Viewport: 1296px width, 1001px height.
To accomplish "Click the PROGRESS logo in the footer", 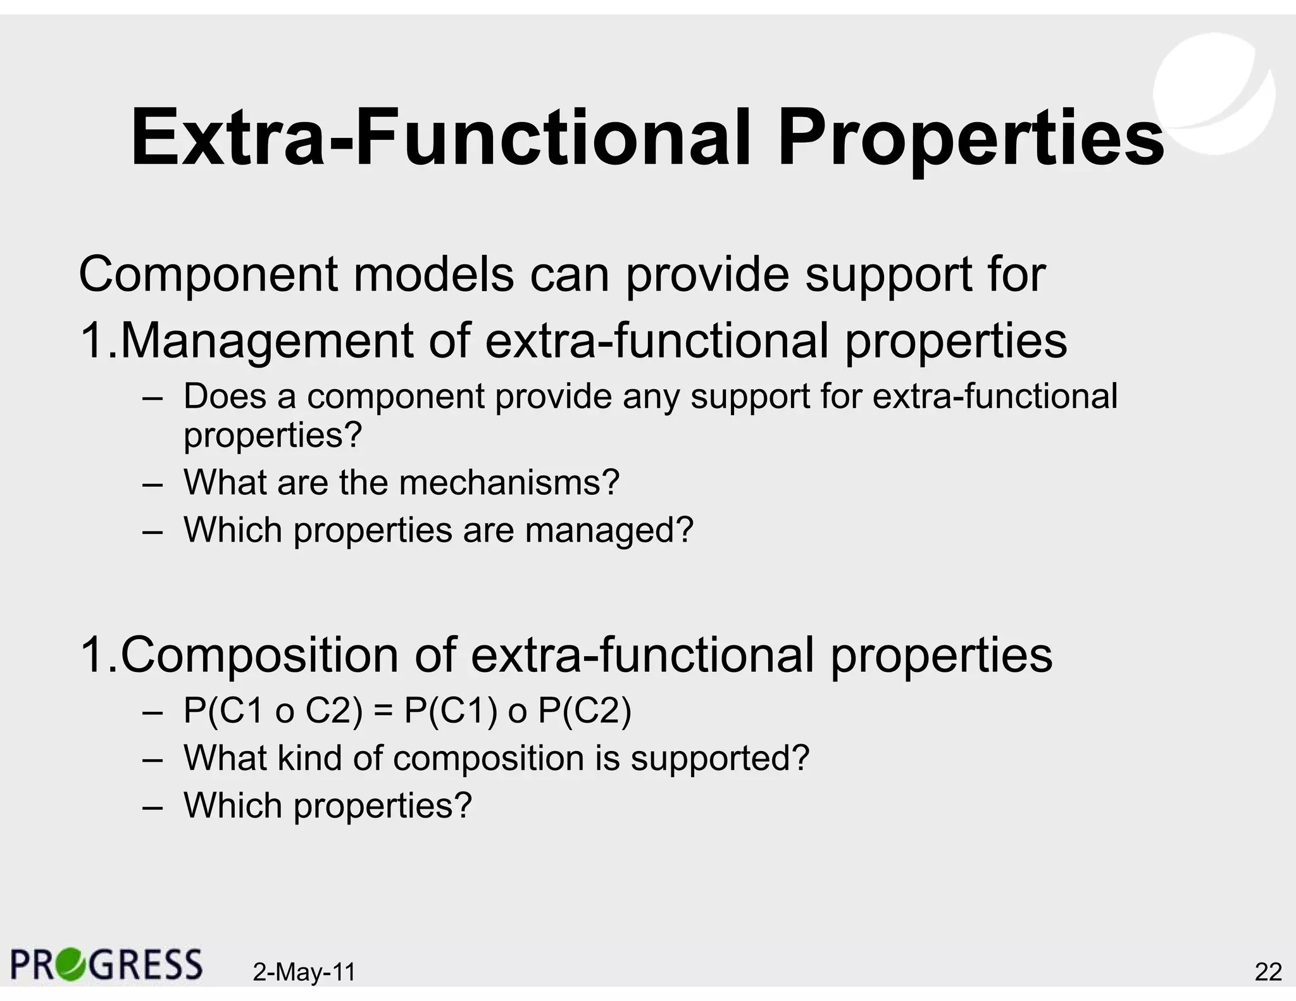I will point(106,964).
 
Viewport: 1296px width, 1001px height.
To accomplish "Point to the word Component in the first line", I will point(208,276).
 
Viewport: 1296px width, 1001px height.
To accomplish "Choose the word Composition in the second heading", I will point(259,656).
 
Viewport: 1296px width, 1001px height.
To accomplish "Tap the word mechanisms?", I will point(509,483).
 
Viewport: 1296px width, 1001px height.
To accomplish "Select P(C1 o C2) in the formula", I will point(273,711).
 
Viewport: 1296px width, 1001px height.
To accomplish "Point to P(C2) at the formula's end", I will point(584,711).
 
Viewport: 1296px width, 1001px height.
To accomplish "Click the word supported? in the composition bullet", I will point(720,759).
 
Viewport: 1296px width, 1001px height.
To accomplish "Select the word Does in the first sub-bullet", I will point(225,397).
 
